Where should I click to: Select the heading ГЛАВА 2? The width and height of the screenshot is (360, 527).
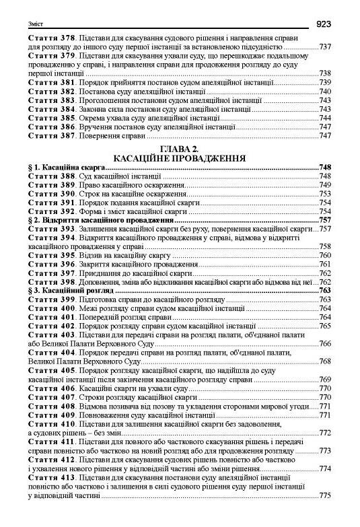[180, 149]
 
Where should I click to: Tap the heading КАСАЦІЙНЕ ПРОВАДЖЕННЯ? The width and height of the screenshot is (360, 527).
[180, 157]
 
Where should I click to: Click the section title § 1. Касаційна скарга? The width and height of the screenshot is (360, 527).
[68, 167]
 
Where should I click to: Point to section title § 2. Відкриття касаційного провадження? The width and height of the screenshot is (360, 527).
[102, 219]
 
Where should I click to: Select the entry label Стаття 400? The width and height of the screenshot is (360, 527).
[54, 308]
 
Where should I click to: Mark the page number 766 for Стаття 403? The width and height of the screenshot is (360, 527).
[326, 344]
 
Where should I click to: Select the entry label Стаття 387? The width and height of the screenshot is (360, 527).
[54, 135]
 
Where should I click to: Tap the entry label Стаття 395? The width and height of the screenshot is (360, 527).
[54, 255]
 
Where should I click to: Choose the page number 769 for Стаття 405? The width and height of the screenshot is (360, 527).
[326, 380]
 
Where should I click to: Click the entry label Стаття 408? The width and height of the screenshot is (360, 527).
[54, 406]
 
